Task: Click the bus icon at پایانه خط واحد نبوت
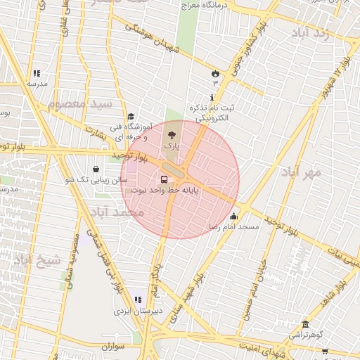point(164,179)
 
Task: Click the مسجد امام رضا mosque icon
point(233,216)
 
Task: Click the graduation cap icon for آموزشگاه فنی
point(131,117)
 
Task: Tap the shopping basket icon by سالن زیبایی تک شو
point(96,169)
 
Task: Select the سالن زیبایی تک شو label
point(97,180)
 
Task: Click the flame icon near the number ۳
point(214,72)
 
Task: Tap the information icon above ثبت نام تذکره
point(212,97)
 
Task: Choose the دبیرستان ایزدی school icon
point(138,300)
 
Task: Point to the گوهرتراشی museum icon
point(305,324)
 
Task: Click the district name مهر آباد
point(301,172)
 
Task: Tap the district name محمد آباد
point(117,212)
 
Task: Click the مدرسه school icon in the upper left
point(37,73)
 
